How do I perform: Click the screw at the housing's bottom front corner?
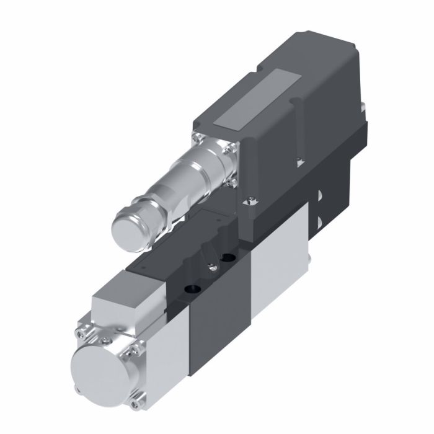click(x=251, y=200)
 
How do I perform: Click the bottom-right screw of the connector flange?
click(x=231, y=183)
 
